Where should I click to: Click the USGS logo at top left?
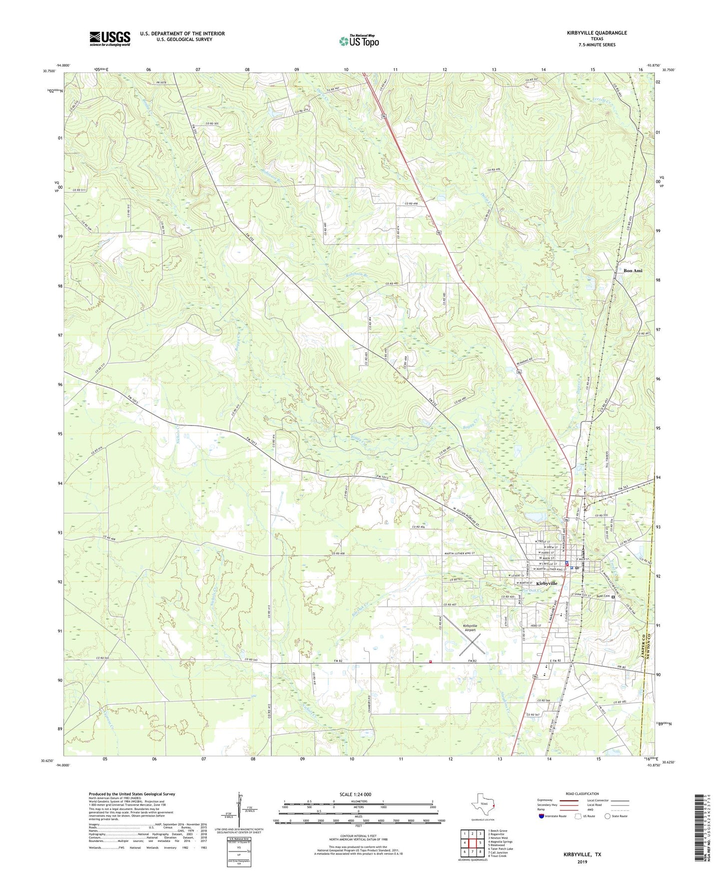(110, 38)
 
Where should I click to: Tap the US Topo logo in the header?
(359, 41)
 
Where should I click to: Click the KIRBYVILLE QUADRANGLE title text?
(597, 33)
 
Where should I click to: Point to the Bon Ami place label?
(633, 271)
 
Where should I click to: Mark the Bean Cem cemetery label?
(604, 596)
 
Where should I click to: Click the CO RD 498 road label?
(411, 204)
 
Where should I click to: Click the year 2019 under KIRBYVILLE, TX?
(582, 862)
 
